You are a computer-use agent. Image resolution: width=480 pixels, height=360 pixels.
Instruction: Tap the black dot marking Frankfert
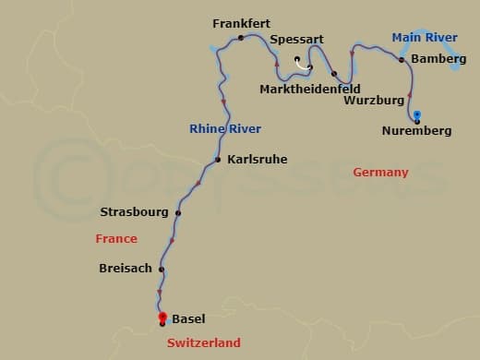click(x=241, y=38)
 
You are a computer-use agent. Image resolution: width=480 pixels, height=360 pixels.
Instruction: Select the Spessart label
click(x=296, y=41)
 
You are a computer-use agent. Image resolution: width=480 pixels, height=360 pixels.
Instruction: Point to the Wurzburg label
click(x=373, y=100)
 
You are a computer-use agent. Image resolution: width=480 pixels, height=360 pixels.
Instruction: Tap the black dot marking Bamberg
click(x=402, y=59)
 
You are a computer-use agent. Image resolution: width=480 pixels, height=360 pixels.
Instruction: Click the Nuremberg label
click(x=416, y=131)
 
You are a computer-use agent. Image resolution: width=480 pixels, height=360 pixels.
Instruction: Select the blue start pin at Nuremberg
click(x=417, y=115)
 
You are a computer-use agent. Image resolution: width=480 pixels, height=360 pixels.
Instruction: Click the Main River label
click(x=425, y=38)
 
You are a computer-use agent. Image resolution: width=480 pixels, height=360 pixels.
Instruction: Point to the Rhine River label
click(x=225, y=128)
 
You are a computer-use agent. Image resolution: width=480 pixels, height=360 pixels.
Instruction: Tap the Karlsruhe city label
click(x=257, y=160)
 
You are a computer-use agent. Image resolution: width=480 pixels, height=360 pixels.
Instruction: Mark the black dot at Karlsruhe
click(x=218, y=160)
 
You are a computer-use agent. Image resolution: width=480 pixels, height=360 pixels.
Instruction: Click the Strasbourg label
click(x=134, y=212)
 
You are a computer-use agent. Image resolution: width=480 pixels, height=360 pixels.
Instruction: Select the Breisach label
click(x=125, y=269)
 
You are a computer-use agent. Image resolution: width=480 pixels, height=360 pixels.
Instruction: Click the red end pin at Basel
click(x=162, y=318)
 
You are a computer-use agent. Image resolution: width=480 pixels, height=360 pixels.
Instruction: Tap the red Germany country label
click(x=379, y=173)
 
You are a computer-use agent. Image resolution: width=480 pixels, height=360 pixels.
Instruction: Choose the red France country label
click(x=116, y=238)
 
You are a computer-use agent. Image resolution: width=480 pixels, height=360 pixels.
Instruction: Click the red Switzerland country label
click(x=203, y=342)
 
